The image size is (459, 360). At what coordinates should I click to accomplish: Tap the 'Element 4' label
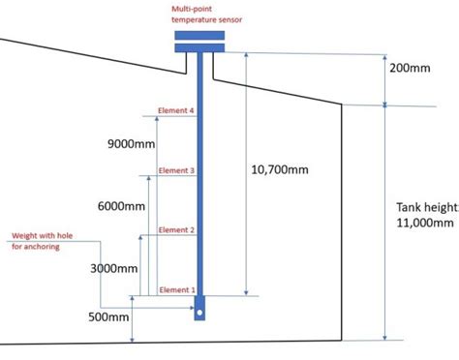[177, 111]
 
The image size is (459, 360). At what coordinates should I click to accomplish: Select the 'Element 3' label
[177, 170]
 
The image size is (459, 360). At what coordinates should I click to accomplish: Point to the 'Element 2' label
[177, 229]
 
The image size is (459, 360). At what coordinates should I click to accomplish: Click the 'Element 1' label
[177, 289]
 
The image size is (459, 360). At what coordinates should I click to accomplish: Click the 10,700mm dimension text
[281, 170]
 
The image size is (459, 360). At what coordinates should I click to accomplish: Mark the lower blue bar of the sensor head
[199, 46]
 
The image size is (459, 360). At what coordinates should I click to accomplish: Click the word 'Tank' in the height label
[410, 207]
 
